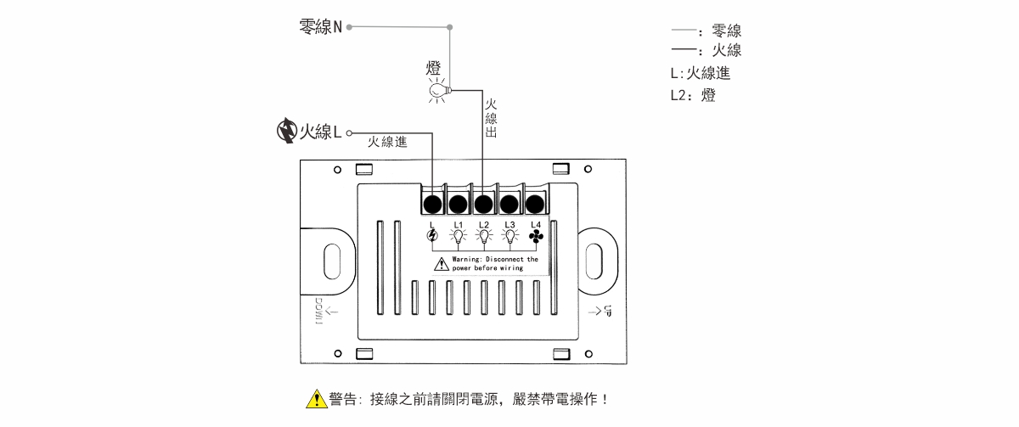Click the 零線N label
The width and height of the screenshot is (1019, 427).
[321, 26]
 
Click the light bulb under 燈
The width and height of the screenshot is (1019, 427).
[438, 90]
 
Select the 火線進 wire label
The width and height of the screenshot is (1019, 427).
[387, 143]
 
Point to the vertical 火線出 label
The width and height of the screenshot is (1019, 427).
[491, 119]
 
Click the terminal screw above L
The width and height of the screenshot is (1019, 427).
[432, 204]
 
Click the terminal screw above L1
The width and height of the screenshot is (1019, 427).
[458, 204]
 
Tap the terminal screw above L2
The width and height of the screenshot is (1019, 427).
[483, 204]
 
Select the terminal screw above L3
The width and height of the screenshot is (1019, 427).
[509, 204]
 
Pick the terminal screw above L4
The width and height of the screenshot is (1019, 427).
[535, 204]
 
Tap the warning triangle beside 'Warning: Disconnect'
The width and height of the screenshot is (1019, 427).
[442, 264]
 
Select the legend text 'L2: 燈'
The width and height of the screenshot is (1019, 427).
[693, 96]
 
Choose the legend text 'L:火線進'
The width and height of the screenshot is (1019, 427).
[701, 74]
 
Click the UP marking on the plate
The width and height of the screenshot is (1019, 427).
[606, 312]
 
